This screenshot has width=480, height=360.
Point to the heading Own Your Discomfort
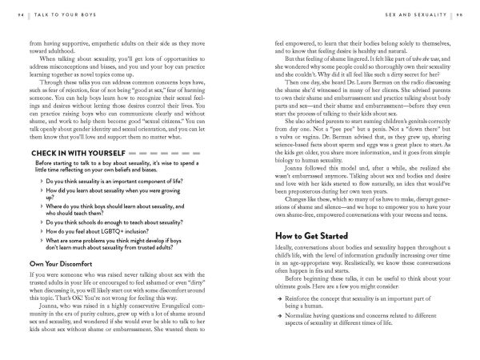(x=66, y=262)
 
